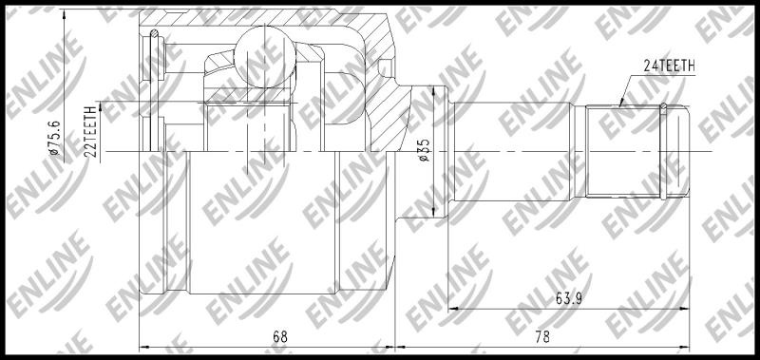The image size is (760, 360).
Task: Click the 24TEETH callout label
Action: tap(670, 66)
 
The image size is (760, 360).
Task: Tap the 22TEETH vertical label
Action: tap(90, 132)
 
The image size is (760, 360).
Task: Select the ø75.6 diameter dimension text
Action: tap(56, 138)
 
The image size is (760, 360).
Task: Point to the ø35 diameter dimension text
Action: tap(424, 150)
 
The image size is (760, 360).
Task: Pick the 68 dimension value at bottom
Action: tap(279, 337)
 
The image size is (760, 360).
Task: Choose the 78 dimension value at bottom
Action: tap(542, 337)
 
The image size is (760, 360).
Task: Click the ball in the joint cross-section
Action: tap(265, 57)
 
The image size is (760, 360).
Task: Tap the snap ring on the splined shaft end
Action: tap(663, 151)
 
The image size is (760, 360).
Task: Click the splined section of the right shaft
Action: tap(623, 151)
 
